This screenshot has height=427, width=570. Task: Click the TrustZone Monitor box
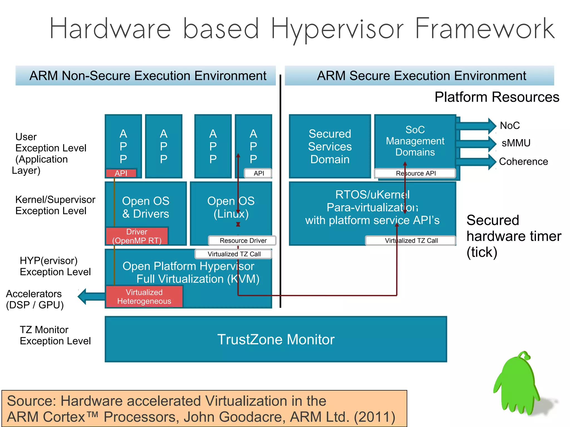[x=276, y=339]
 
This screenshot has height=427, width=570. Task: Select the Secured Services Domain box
[x=330, y=146]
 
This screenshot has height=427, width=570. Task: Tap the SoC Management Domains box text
[x=415, y=141]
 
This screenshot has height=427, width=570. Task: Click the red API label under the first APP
[x=121, y=173]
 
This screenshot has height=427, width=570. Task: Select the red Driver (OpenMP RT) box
[x=137, y=236]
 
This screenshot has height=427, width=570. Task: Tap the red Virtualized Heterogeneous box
[x=144, y=297]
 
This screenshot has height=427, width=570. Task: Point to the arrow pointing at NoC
[x=476, y=125]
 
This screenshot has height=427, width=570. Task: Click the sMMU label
[x=516, y=143]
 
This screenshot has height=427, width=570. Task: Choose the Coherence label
[x=523, y=161]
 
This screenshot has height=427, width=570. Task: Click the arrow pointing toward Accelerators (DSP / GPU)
[x=90, y=297]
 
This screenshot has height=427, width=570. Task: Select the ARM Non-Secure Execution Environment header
[x=148, y=76]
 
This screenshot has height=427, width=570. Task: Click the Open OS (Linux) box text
[x=231, y=207]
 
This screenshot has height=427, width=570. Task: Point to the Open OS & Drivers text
[x=146, y=207]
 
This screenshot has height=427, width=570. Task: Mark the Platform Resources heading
[x=497, y=97]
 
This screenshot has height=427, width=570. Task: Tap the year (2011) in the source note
[x=375, y=417]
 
